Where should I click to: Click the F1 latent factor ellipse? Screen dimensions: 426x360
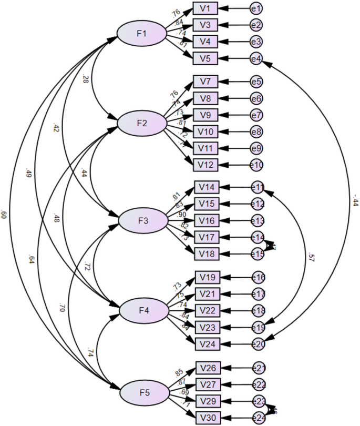click(x=141, y=34)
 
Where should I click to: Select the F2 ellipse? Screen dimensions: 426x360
click(x=141, y=124)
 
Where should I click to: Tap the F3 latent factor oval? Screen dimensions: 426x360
click(x=142, y=220)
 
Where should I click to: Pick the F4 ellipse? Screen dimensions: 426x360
click(x=144, y=311)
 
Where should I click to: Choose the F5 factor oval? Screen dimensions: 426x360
click(x=145, y=392)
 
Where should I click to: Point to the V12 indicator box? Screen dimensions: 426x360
click(x=206, y=165)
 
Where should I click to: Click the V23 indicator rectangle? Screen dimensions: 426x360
click(x=208, y=327)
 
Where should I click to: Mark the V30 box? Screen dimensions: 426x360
click(x=209, y=418)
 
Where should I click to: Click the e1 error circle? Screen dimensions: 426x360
click(x=256, y=8)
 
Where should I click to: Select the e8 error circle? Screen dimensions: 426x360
click(x=256, y=131)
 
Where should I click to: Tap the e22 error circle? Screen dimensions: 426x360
click(x=259, y=384)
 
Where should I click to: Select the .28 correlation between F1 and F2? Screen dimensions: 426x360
click(x=85, y=79)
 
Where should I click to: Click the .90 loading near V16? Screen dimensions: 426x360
click(x=182, y=215)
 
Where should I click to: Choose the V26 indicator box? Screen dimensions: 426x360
click(x=209, y=368)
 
